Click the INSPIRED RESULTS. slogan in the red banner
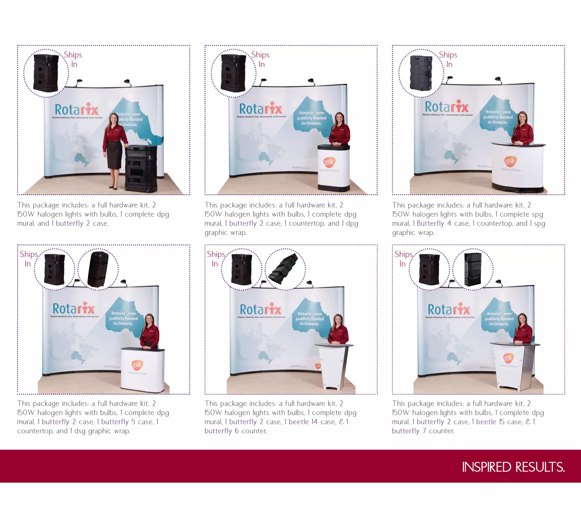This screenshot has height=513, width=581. (513, 467)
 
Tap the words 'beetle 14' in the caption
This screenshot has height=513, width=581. (303, 422)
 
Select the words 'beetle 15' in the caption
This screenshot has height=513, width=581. (490, 422)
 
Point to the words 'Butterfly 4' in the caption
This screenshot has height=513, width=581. (434, 223)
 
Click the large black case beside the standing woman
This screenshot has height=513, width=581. (141, 169)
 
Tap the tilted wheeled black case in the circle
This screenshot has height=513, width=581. (98, 269)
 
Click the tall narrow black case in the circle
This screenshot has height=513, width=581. (472, 269)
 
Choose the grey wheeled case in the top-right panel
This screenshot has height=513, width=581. (421, 73)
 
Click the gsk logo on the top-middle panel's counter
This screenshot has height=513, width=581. (329, 162)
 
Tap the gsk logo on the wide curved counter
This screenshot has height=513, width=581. (510, 161)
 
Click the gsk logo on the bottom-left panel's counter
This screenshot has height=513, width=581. (137, 365)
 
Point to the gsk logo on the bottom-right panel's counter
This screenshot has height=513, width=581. (508, 357)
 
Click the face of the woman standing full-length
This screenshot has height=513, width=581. (114, 118)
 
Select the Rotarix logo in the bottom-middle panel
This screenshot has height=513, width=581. (261, 309)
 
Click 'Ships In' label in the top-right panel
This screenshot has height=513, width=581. (448, 59)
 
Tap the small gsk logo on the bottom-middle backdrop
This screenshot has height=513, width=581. (318, 366)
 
